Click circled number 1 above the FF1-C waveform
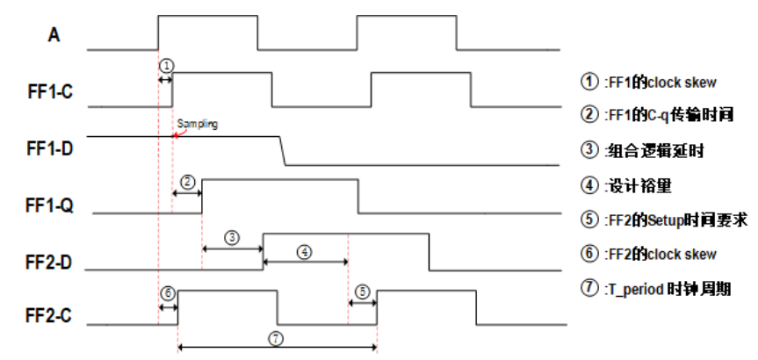click(x=167, y=65)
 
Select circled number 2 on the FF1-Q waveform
click(x=187, y=181)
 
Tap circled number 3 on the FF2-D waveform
click(x=232, y=237)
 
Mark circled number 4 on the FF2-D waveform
click(x=304, y=250)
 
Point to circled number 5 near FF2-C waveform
click(x=362, y=290)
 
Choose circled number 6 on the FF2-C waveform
click(x=168, y=291)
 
